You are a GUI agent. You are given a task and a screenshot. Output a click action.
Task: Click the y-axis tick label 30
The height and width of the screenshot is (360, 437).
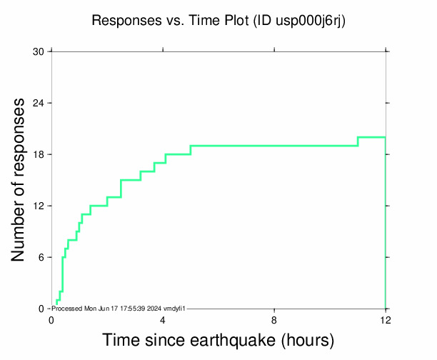click(x=39, y=52)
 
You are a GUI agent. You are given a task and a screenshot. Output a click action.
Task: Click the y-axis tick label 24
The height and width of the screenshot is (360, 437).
click(x=39, y=104)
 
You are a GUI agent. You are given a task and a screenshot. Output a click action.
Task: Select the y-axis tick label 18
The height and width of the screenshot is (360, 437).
click(x=39, y=155)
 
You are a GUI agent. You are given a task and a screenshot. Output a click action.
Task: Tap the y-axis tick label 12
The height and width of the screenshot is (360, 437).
click(x=39, y=206)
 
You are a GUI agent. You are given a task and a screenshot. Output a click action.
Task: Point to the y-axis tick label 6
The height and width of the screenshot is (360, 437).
click(x=41, y=258)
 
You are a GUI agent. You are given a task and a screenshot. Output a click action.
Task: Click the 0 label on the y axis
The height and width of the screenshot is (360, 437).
click(x=41, y=309)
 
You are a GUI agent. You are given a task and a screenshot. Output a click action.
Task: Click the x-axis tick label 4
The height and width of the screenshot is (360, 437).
click(x=163, y=320)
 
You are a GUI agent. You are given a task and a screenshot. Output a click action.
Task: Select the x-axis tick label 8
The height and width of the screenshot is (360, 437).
click(x=274, y=320)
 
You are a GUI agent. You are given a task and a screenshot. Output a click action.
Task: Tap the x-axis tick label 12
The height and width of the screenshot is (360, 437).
click(x=386, y=320)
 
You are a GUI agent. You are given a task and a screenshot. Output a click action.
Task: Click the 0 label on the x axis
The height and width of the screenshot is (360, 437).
click(x=51, y=320)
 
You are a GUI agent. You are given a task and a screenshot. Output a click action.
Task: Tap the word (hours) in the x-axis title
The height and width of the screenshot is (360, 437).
click(x=306, y=340)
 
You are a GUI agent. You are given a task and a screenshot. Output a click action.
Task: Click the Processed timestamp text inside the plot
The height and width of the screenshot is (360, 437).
click(x=119, y=308)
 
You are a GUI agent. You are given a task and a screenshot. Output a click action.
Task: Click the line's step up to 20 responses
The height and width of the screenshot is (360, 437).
click(x=358, y=141)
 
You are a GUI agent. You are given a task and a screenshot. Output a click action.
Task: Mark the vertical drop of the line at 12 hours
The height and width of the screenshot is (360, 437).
click(x=386, y=221)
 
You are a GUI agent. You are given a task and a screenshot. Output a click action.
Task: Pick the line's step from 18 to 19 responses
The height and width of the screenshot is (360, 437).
click(x=191, y=150)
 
